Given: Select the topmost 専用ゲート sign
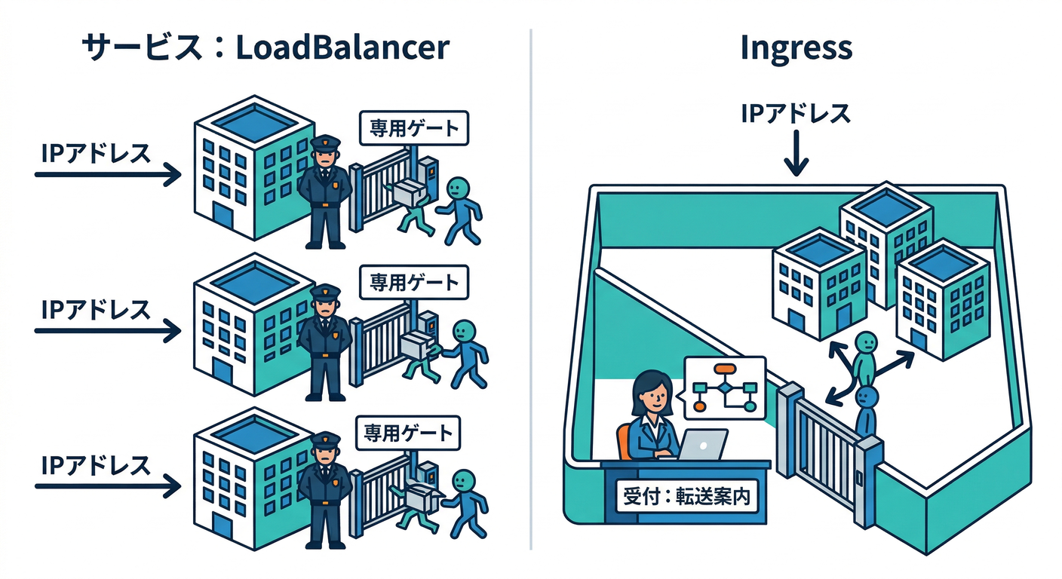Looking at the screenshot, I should [413, 128].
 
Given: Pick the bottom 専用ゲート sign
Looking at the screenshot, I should [409, 433].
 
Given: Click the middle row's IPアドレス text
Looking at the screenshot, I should [96, 308].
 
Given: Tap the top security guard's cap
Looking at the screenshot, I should [325, 142].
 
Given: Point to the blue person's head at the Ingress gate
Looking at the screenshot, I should [868, 397].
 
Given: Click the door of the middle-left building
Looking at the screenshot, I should [222, 370].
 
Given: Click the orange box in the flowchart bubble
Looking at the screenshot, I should [725, 369].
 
